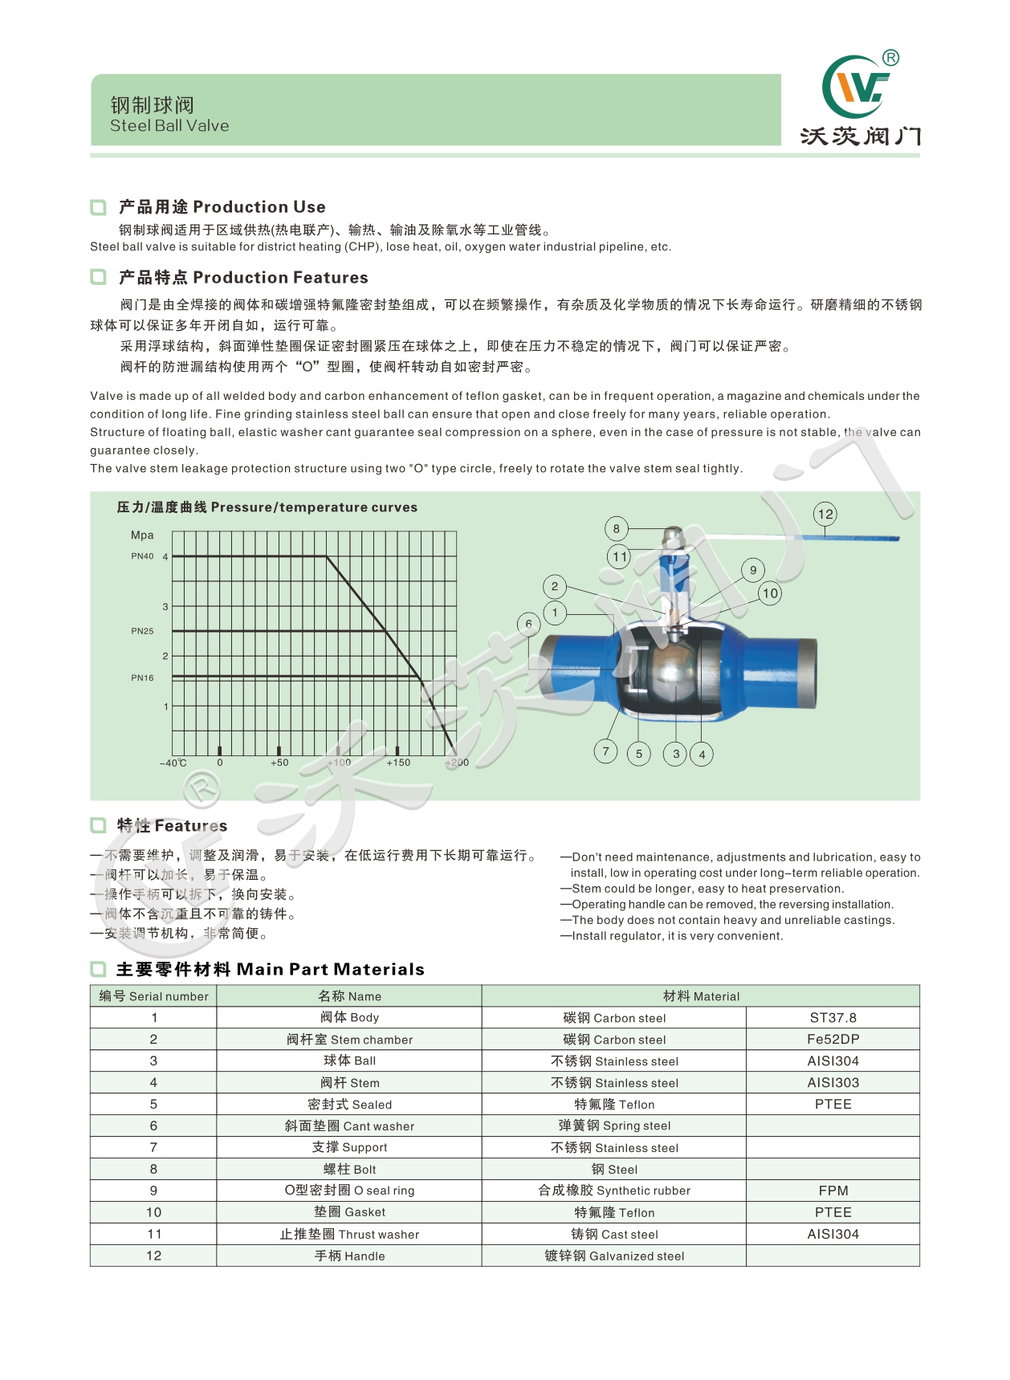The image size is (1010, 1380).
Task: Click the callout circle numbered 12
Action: pyautogui.click(x=825, y=514)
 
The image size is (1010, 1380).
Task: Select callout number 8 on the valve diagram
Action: pyautogui.click(x=616, y=528)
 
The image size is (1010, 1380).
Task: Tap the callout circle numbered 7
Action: pyautogui.click(x=605, y=751)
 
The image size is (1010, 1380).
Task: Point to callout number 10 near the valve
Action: pyautogui.click(x=770, y=593)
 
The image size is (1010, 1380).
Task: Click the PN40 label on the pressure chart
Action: pyautogui.click(x=142, y=556)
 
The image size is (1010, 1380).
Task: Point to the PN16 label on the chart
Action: pyautogui.click(x=142, y=678)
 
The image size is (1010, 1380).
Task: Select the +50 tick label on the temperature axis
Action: pyautogui.click(x=279, y=763)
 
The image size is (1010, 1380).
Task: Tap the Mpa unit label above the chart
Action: pyautogui.click(x=142, y=535)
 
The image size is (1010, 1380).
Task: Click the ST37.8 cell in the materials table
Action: pyautogui.click(x=833, y=1018)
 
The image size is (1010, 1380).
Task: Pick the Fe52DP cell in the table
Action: pyautogui.click(x=833, y=1040)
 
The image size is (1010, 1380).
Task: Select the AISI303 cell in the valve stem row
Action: pyautogui.click(x=833, y=1083)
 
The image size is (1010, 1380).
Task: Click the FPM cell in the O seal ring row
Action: pyautogui.click(x=833, y=1191)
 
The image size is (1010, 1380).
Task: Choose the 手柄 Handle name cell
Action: pyautogui.click(x=349, y=1256)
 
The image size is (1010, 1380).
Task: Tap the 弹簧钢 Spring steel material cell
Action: pyautogui.click(x=614, y=1126)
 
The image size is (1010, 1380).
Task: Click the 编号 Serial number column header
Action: pyautogui.click(x=153, y=996)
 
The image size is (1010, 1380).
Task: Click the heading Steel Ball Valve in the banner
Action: pyautogui.click(x=169, y=126)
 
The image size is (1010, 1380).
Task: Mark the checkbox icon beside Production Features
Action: pyautogui.click(x=99, y=278)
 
